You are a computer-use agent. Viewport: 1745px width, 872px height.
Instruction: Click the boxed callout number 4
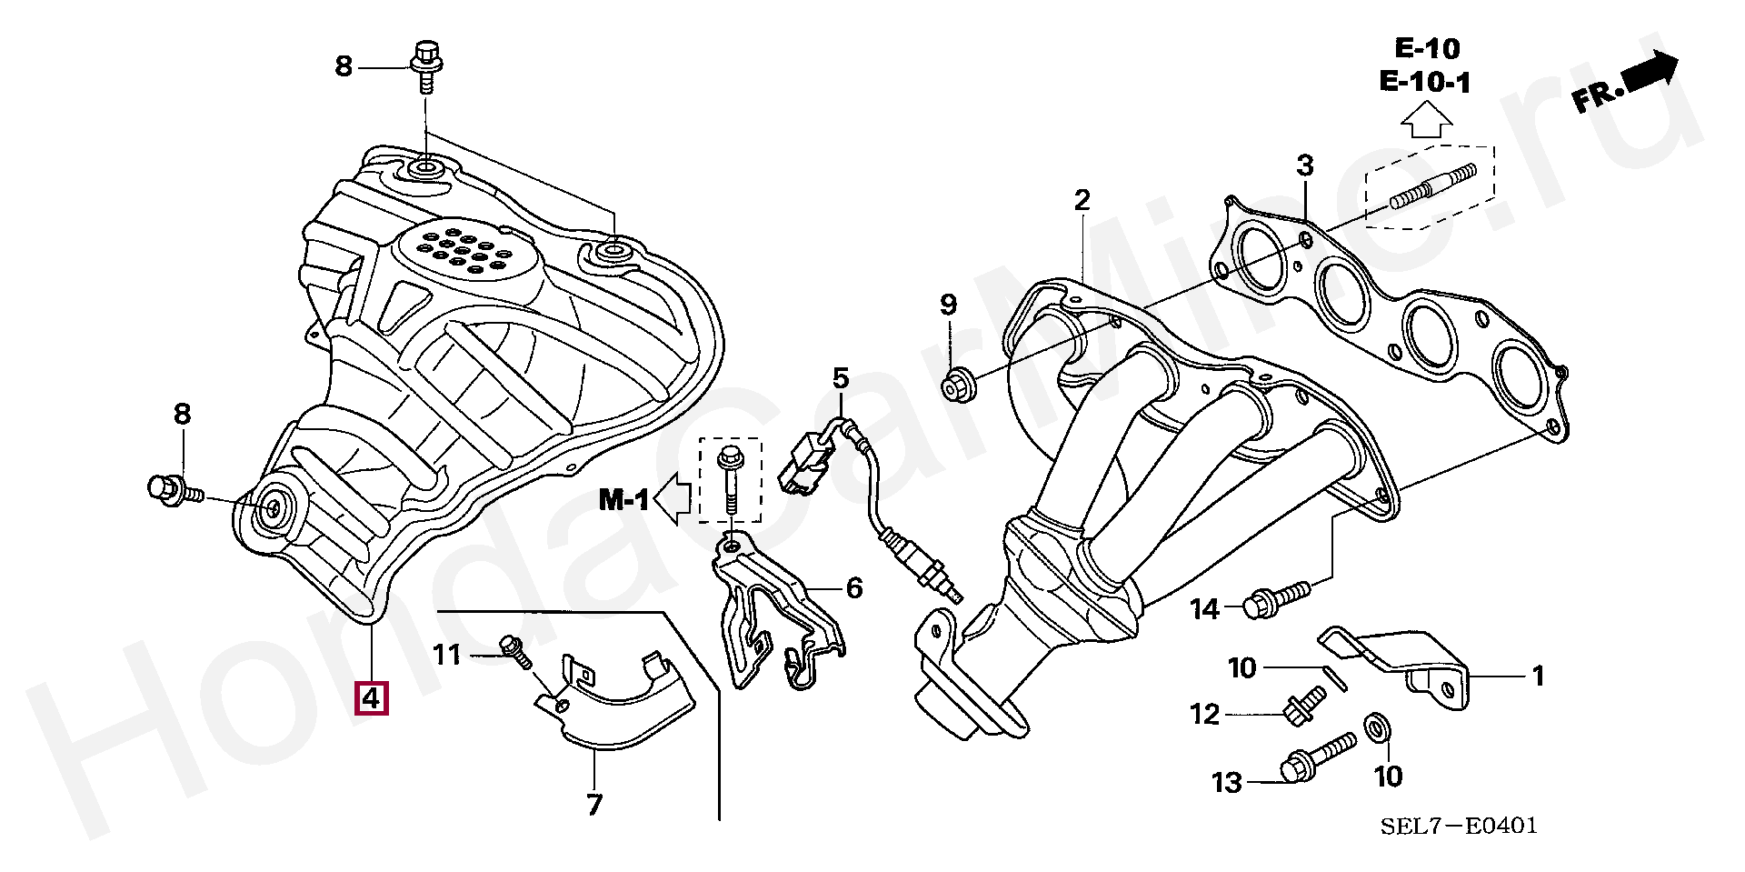pos(371,697)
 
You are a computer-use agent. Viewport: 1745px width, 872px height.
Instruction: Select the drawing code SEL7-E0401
pos(1459,826)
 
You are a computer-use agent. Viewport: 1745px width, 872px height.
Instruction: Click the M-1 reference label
pos(623,499)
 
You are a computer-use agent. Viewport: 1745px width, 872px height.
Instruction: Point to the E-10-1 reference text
pos(1424,82)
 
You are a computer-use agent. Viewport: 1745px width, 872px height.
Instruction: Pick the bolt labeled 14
pos(1276,596)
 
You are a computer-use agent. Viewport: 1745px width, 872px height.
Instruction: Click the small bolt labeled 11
pos(515,651)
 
